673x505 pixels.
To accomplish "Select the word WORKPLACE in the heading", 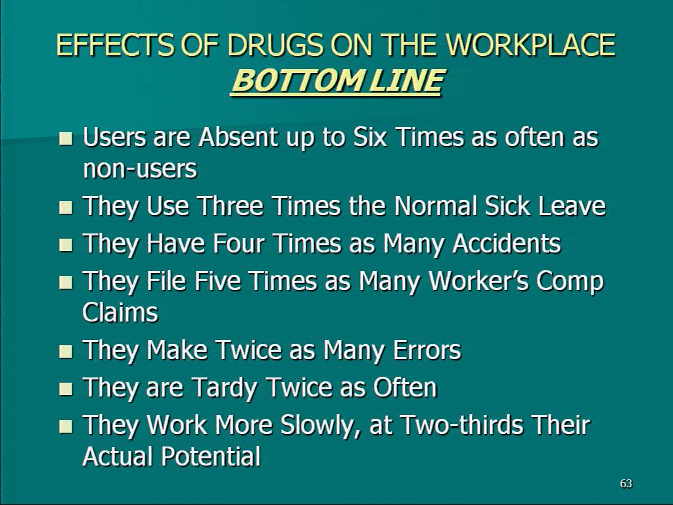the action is [530, 45].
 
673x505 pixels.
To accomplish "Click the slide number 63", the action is [626, 483].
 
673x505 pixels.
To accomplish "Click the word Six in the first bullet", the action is [370, 137].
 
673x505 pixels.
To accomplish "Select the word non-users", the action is [140, 169].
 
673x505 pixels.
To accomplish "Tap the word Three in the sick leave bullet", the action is [230, 206].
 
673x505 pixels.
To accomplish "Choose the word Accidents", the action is [507, 243].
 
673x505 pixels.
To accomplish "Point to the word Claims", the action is [120, 312].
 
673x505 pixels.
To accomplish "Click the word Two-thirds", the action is [462, 425].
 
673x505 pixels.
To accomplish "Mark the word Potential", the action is [210, 456].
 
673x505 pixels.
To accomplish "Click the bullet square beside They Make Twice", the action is [66, 352].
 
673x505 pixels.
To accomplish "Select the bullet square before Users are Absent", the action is [66, 139].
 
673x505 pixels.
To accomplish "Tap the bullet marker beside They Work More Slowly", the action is [66, 426].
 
